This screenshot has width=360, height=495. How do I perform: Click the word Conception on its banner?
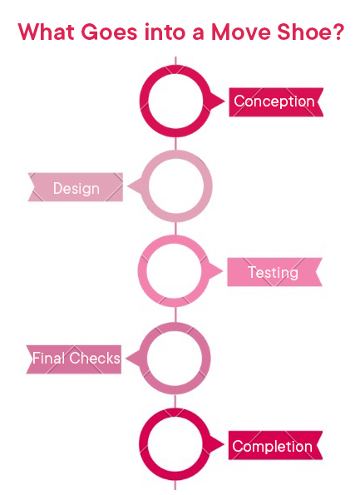[274, 101]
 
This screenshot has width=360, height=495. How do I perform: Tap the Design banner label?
[76, 188]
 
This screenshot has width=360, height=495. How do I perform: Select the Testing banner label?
[274, 272]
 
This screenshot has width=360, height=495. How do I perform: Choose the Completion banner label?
[273, 447]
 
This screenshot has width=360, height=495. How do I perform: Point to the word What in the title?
[47, 32]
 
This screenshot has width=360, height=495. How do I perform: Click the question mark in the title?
[337, 32]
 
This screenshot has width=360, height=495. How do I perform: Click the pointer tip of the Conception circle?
[225, 101]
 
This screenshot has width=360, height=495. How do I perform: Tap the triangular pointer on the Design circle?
[135, 186]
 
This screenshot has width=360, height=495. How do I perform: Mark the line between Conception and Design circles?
[175, 144]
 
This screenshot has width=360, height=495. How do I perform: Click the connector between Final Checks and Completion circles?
[175, 402]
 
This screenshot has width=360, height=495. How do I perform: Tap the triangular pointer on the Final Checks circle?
[133, 359]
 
